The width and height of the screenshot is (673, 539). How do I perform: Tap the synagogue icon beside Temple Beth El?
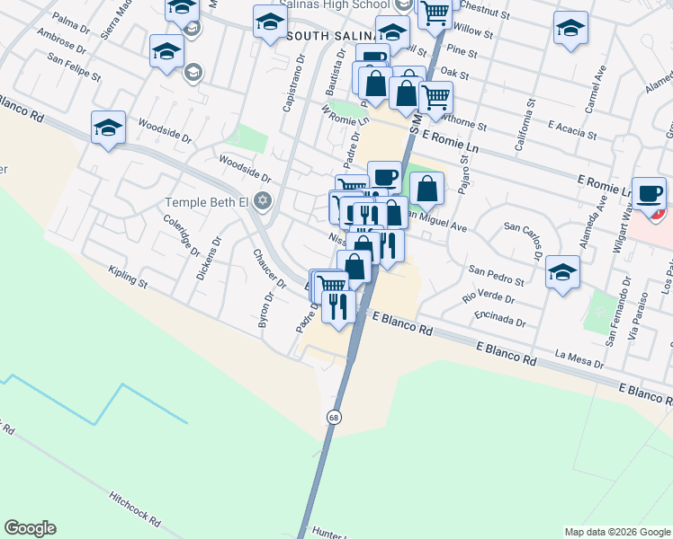[262, 200]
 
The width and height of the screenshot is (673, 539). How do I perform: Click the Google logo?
[30, 528]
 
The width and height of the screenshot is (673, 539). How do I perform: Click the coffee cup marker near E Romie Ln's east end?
[648, 193]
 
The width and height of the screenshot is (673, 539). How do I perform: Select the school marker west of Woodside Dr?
[108, 128]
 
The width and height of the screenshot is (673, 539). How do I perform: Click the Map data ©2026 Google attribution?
[617, 532]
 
